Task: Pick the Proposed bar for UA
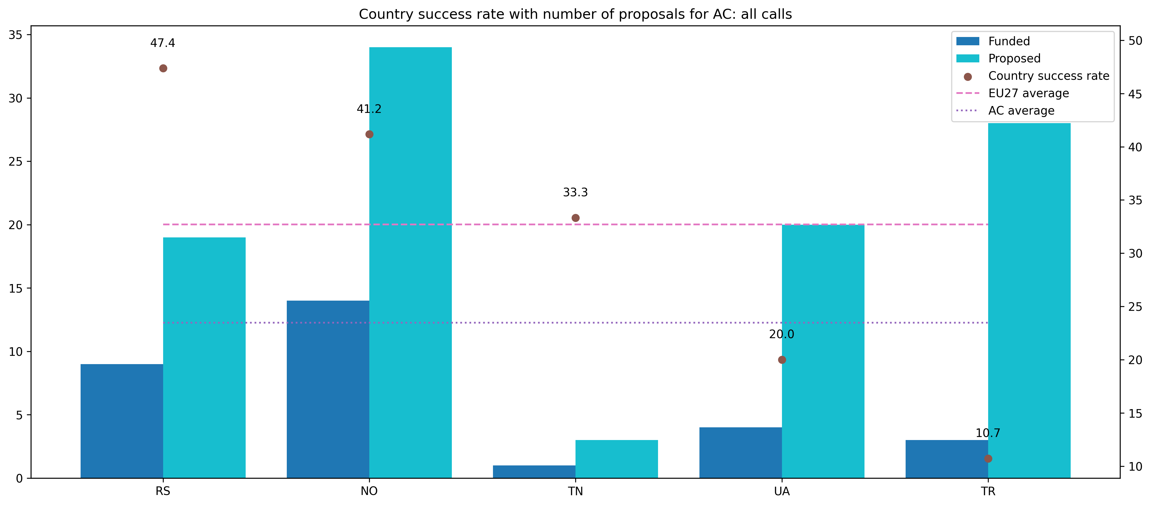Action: click(823, 351)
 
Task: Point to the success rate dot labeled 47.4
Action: click(163, 68)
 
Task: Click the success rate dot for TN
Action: click(575, 218)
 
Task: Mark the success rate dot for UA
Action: click(782, 360)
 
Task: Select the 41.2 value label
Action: click(369, 109)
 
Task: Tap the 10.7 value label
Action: click(988, 433)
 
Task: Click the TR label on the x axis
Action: click(988, 492)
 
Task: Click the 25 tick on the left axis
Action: click(16, 162)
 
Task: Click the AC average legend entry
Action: click(1021, 111)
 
